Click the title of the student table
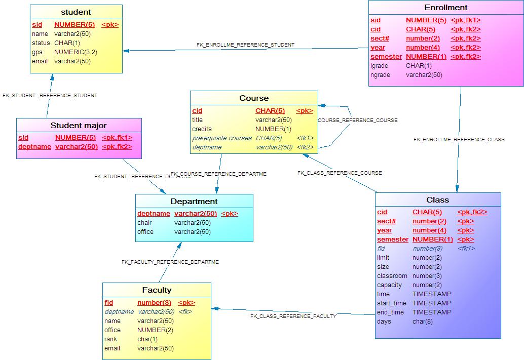[76, 12]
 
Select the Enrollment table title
[445, 8]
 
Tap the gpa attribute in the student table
[37, 52]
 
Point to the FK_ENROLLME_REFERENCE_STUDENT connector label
[245, 45]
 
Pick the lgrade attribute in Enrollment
[379, 66]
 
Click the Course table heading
[254, 98]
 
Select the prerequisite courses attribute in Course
[221, 138]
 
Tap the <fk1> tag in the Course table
[305, 138]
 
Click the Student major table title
[79, 125]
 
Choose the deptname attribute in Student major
[34, 147]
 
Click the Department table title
[194, 201]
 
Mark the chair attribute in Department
[144, 223]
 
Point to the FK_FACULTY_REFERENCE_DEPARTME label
[170, 262]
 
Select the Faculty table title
[157, 290]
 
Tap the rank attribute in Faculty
[110, 339]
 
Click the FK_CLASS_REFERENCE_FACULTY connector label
[293, 316]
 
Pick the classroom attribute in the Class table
[392, 276]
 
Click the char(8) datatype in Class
[422, 322]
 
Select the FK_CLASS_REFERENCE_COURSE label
[340, 173]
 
